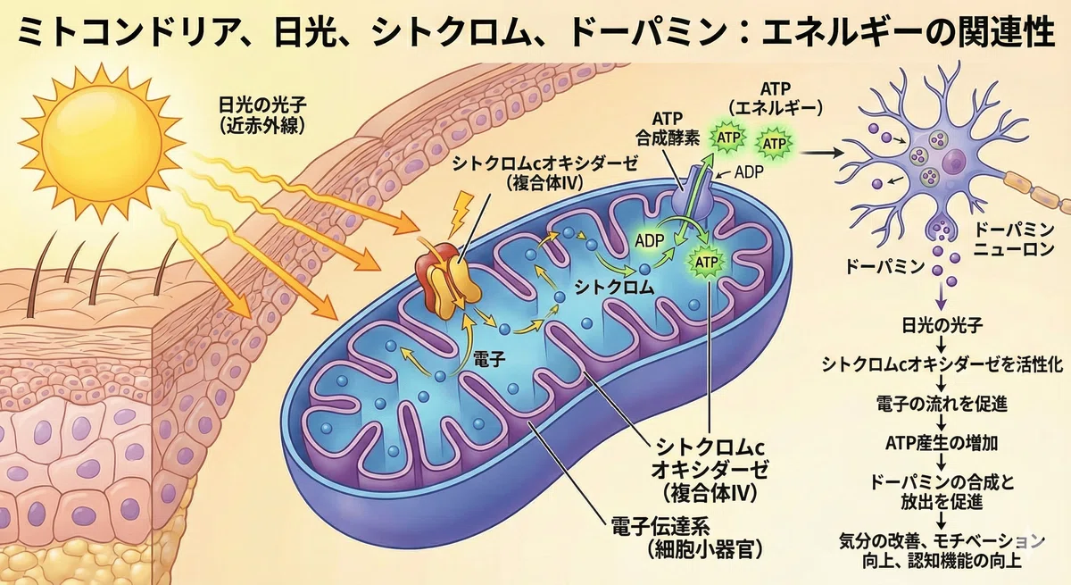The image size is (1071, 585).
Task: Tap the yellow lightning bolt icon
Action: tap(461, 213)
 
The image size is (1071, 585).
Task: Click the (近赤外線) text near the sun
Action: tap(262, 126)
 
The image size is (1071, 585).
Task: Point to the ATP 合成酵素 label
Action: tap(668, 129)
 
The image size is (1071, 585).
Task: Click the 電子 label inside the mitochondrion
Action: tap(489, 359)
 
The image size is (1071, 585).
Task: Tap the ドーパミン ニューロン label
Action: tap(1014, 238)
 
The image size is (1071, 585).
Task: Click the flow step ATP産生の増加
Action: tap(942, 443)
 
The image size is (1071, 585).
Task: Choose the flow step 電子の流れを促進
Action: tap(942, 404)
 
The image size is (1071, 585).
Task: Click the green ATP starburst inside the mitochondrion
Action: tap(706, 262)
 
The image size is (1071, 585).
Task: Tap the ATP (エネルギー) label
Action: tap(775, 98)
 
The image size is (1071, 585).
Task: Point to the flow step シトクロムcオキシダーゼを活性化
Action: tap(942, 365)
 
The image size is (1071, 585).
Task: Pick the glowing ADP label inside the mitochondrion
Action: tap(649, 240)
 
